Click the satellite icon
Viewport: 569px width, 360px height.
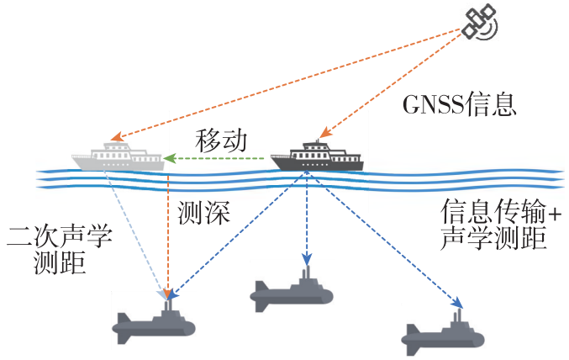480,21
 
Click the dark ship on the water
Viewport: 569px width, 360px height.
317,156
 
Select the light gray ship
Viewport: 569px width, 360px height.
118,157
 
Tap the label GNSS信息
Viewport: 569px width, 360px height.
460,104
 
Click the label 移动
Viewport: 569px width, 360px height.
221,140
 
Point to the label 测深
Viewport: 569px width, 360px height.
203,212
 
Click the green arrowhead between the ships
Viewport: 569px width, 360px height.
170,158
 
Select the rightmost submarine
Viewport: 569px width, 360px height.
442,333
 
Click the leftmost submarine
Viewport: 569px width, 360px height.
154,323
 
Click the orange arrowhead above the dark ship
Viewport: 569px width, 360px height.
325,132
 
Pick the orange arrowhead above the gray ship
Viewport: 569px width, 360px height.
117,136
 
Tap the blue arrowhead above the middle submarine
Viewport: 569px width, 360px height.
307,259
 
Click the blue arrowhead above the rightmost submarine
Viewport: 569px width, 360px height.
457,302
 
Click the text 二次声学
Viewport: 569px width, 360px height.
60,237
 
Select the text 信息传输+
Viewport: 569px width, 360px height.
501,211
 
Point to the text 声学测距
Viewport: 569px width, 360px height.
493,238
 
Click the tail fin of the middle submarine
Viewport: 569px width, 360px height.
260,296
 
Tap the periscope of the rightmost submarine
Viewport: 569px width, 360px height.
458,316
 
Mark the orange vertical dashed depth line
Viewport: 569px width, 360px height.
168,236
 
